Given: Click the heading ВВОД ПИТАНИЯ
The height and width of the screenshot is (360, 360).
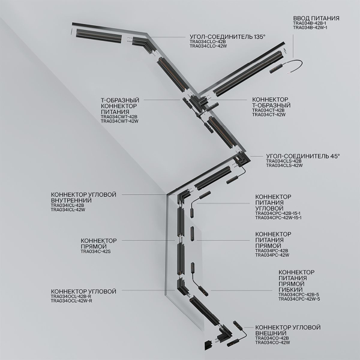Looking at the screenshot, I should [x=316, y=19].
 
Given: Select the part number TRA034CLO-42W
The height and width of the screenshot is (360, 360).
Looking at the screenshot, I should [x=207, y=47].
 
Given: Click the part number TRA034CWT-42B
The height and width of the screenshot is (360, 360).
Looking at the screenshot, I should [x=119, y=116].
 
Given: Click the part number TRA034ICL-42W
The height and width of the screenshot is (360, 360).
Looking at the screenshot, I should [x=68, y=210].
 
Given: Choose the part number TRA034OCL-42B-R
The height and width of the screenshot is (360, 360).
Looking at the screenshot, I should [x=71, y=296].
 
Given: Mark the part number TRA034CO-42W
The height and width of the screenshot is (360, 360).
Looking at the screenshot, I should [x=273, y=343].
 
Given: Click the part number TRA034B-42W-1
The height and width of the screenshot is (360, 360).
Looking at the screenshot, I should [x=310, y=28].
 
